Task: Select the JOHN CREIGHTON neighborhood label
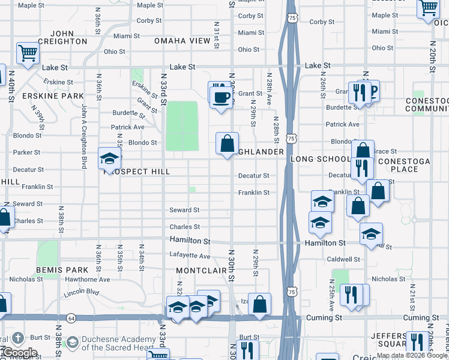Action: (x=62, y=37)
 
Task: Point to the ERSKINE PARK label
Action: (x=53, y=96)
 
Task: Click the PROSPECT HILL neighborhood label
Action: (x=137, y=172)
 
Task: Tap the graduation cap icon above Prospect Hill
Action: (x=109, y=158)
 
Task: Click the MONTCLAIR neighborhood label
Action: (x=202, y=271)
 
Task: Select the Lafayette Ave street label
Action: (x=189, y=256)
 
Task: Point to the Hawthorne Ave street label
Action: (x=88, y=280)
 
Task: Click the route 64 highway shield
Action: (x=71, y=316)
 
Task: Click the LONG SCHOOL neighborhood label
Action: (x=320, y=160)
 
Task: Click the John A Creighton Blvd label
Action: (x=85, y=136)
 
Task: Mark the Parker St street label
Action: (x=26, y=152)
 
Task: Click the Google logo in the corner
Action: (x=19, y=353)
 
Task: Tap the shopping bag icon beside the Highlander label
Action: (x=228, y=144)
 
